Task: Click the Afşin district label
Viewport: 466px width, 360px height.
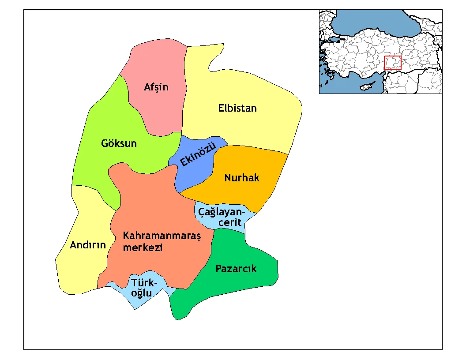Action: pos(156,87)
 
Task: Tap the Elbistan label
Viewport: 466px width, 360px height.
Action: pos(237,108)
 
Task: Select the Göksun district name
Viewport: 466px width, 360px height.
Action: pos(119,143)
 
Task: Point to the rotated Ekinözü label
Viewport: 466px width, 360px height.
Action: pos(197,155)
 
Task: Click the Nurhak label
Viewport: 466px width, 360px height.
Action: pos(242,178)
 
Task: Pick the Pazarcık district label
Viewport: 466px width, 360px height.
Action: pos(236,269)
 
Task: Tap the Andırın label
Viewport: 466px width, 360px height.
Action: pos(88,245)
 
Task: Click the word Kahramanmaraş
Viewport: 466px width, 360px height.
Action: pos(162,236)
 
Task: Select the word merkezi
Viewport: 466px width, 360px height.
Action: pos(143,247)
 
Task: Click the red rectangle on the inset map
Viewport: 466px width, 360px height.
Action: pos(392,63)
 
